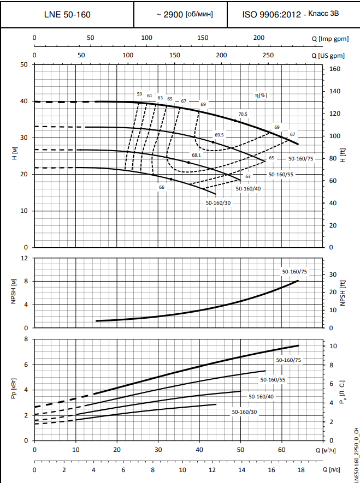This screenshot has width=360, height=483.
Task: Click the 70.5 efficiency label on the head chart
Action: (243, 114)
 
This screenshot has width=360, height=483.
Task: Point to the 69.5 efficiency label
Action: (219, 135)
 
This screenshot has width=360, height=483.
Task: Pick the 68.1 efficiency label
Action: (196, 155)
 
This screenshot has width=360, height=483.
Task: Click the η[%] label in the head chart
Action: (261, 95)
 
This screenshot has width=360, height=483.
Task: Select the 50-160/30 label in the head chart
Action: (218, 202)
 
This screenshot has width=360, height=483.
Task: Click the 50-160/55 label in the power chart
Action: (273, 379)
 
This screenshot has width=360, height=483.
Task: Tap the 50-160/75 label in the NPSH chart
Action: (294, 271)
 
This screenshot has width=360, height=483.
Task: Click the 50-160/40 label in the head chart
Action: (248, 188)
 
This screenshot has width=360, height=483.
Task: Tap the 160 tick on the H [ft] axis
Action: (335, 69)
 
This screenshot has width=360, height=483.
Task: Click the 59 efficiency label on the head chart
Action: (139, 94)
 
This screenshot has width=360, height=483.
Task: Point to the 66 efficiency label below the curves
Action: (162, 187)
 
